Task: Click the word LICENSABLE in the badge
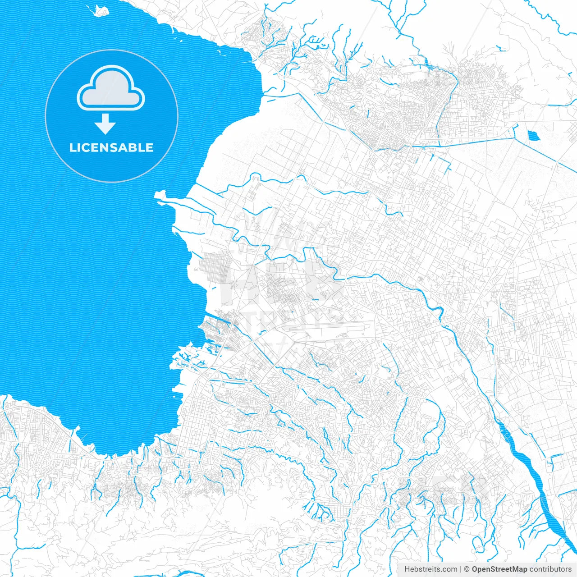[x=111, y=147]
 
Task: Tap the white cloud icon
[x=111, y=88]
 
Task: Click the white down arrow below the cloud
[x=105, y=124]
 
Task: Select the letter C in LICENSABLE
[x=85, y=147]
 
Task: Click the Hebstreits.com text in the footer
[x=430, y=569]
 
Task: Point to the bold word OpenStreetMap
[x=499, y=569]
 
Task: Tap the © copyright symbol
[x=467, y=569]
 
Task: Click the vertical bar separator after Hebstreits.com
[x=461, y=569]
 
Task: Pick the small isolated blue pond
[x=533, y=135]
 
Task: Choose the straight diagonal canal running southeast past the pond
[x=545, y=153]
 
